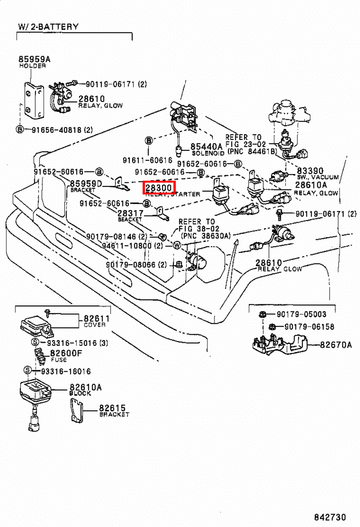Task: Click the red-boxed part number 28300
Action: pyautogui.click(x=159, y=188)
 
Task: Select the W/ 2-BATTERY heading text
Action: pyautogui.click(x=48, y=27)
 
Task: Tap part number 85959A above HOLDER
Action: pyautogui.click(x=34, y=59)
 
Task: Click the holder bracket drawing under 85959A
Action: pyautogui.click(x=34, y=101)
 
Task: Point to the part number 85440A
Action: pyautogui.click(x=206, y=147)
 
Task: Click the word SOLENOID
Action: pyautogui.click(x=208, y=153)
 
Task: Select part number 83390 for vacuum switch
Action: pyautogui.click(x=310, y=171)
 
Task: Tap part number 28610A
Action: pyautogui.click(x=311, y=185)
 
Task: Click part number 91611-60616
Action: pyautogui.click(x=147, y=160)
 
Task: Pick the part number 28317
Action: pyautogui.click(x=130, y=213)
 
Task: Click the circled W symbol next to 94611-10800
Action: pyautogui.click(x=177, y=245)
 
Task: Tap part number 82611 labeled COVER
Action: pyautogui.click(x=96, y=319)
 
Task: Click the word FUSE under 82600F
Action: pyautogui.click(x=59, y=360)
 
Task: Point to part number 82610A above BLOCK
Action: pyautogui.click(x=85, y=387)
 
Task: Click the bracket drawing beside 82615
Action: pyautogui.click(x=76, y=410)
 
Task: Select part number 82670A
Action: pyautogui.click(x=336, y=345)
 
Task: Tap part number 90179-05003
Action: pyautogui.click(x=301, y=314)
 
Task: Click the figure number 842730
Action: pyautogui.click(x=330, y=517)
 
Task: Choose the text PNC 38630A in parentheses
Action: pyautogui.click(x=206, y=236)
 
